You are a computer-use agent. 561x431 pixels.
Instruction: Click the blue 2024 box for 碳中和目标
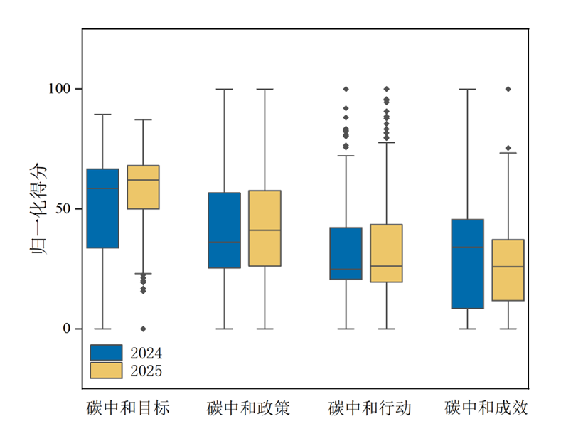point(103,208)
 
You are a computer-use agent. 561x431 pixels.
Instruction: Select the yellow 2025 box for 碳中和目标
point(143,187)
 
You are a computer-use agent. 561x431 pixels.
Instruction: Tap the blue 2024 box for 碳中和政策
point(224,230)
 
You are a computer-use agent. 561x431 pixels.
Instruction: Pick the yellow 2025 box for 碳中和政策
point(265,228)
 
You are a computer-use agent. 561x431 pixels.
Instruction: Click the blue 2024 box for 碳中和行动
point(346,253)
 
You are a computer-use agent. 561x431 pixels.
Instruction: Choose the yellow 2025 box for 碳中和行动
point(387,253)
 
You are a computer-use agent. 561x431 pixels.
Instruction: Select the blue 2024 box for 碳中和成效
point(468,264)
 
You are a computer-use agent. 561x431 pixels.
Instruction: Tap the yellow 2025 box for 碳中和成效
point(508,270)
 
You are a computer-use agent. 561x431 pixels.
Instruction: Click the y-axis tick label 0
point(68,329)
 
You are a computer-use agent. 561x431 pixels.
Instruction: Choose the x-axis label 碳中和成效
point(487,408)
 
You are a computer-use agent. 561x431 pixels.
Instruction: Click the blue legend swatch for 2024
point(106,353)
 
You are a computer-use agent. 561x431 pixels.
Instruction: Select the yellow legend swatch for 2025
point(106,371)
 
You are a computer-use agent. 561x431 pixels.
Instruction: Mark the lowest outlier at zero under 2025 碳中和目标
point(143,329)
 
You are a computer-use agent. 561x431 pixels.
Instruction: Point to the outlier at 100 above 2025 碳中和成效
point(508,89)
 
